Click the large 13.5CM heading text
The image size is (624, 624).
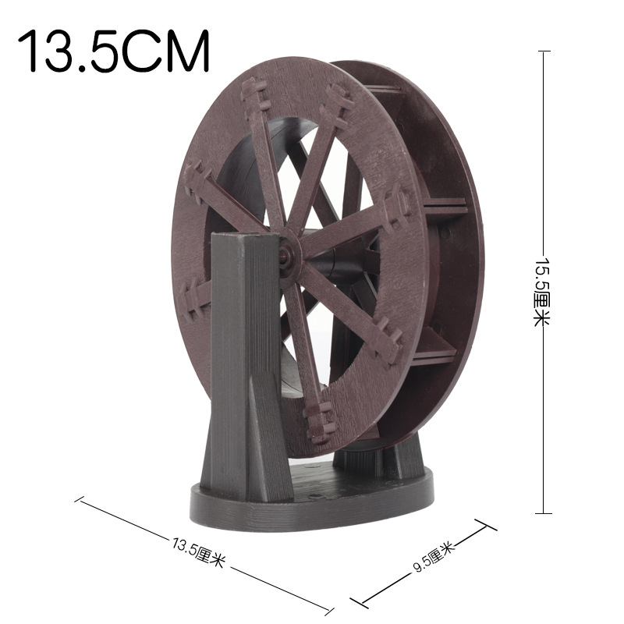coord(115,51)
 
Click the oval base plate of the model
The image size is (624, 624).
coord(312,499)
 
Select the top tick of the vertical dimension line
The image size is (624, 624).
coord(544,51)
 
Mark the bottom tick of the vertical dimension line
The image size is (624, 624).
coord(544,513)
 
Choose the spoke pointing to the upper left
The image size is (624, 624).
coord(265,164)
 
